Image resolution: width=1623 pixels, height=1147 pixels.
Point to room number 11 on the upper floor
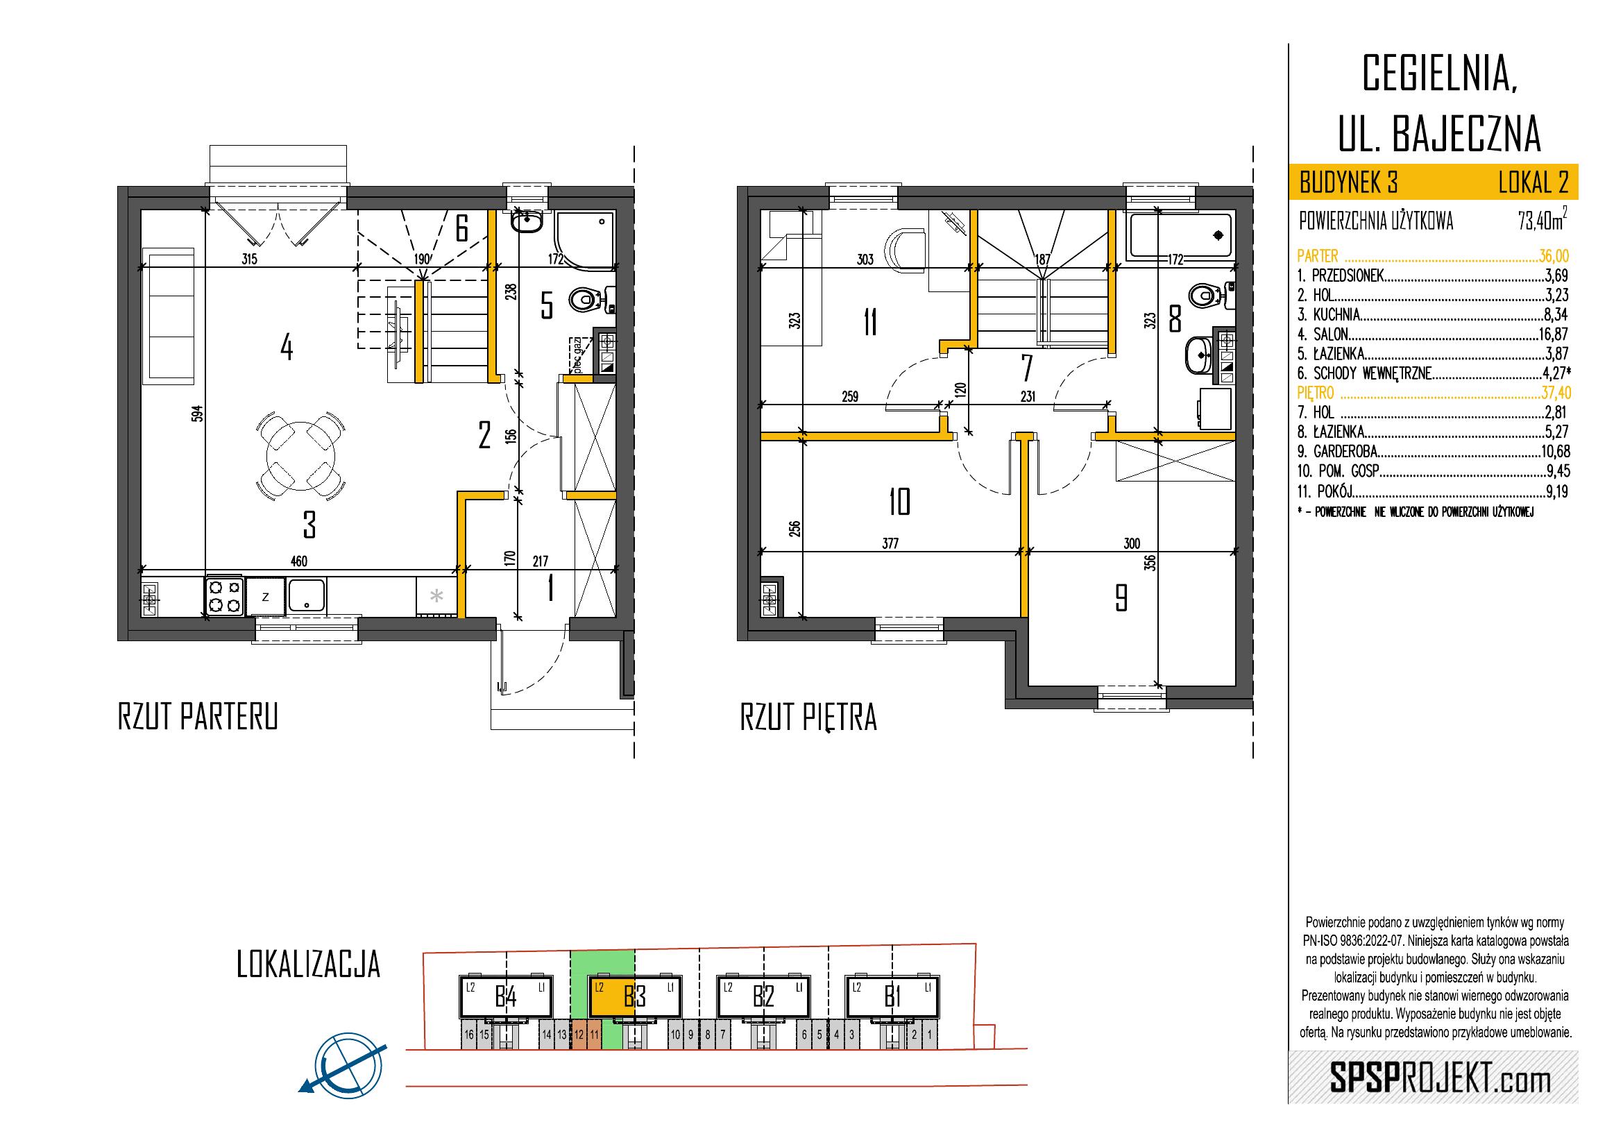click(870, 324)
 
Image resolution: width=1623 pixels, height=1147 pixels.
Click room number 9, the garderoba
click(1121, 598)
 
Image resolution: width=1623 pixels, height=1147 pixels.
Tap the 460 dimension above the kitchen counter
click(299, 561)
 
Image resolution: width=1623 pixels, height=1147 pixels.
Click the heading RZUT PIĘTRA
click(808, 717)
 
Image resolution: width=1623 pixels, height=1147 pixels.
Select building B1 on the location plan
click(893, 997)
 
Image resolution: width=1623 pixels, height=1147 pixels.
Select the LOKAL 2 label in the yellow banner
click(1532, 184)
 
